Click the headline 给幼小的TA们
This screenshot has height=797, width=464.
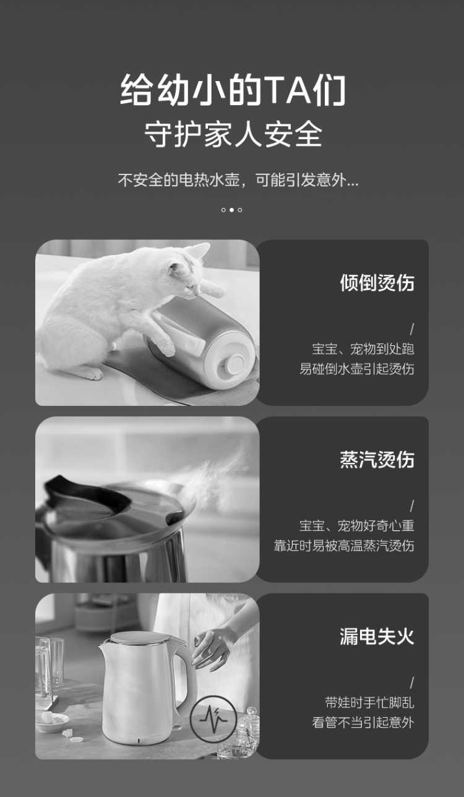click(233, 90)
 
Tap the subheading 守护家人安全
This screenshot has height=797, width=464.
click(233, 134)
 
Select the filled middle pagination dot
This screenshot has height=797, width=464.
click(231, 210)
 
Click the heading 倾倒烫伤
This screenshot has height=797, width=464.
click(377, 283)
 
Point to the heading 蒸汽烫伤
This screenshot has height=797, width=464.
click(377, 460)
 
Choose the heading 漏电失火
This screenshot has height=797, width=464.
click(377, 636)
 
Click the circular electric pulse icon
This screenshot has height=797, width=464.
click(213, 720)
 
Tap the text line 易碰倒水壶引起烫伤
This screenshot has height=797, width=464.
click(356, 369)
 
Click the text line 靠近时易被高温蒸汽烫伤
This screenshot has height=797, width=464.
click(344, 546)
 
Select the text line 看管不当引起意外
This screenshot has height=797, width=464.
click(363, 723)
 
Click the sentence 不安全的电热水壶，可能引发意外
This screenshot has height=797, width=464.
click(238, 180)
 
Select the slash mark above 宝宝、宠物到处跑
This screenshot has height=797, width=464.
click(412, 329)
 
